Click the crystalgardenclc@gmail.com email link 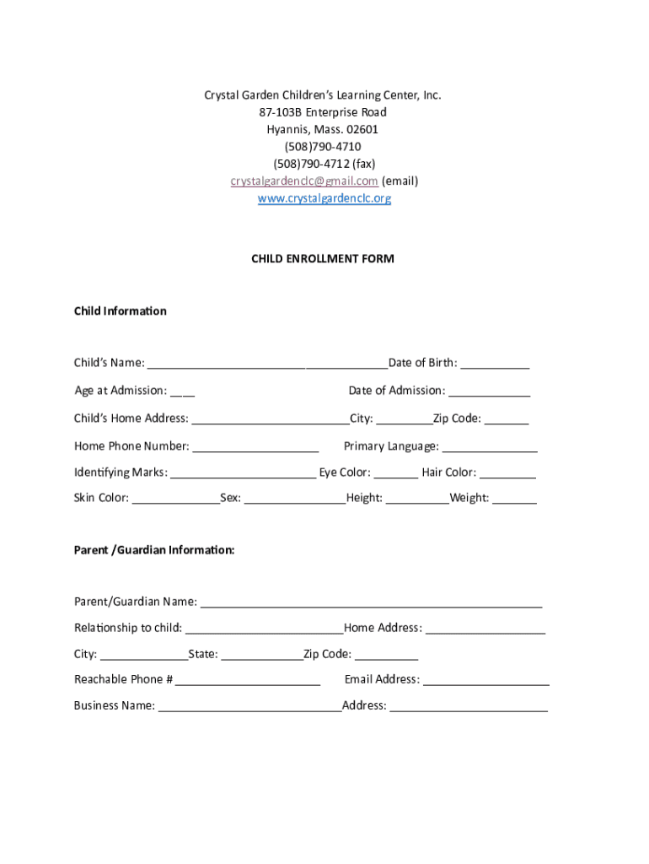[x=304, y=181]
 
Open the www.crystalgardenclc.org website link [x=324, y=199]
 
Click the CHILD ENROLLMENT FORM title [x=323, y=259]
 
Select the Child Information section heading [x=121, y=311]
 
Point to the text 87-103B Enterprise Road [x=323, y=112]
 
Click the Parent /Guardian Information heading [x=154, y=550]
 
